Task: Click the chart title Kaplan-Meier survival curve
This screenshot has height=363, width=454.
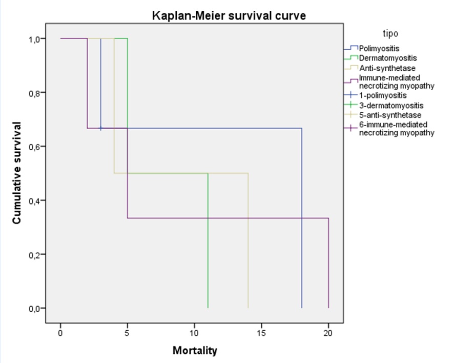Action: (x=229, y=16)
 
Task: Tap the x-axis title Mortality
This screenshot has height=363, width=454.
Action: (x=194, y=351)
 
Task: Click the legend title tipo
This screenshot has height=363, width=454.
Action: (x=390, y=34)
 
